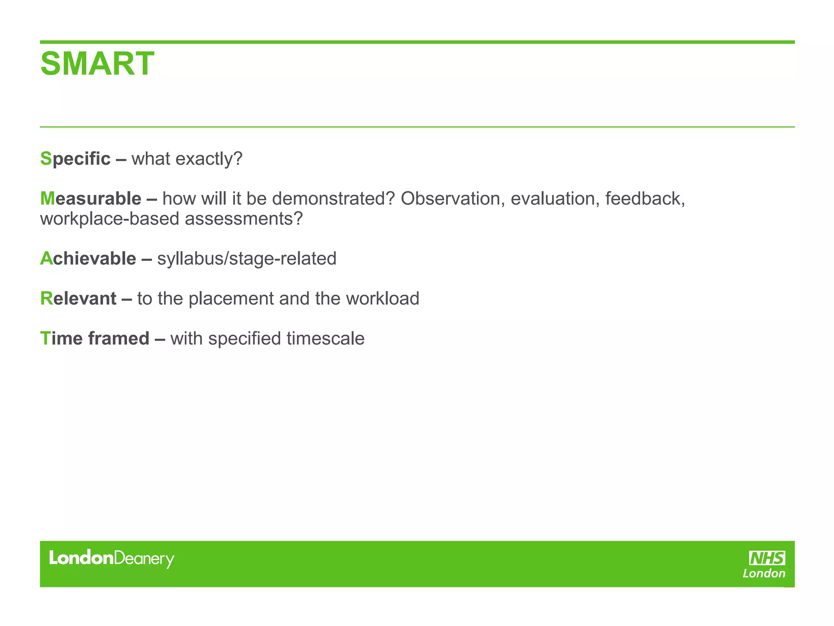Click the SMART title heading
coord(97,64)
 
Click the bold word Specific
coord(75,159)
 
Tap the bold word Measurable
coord(90,198)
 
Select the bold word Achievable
coord(88,258)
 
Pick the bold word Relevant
coord(78,298)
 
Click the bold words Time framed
coord(94,338)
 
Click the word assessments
coord(244,219)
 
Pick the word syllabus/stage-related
coord(247,258)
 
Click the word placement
coord(231,299)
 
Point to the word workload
coord(382,298)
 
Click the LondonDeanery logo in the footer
coord(111,558)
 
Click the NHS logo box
coord(767,558)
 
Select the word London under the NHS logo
coord(764,574)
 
